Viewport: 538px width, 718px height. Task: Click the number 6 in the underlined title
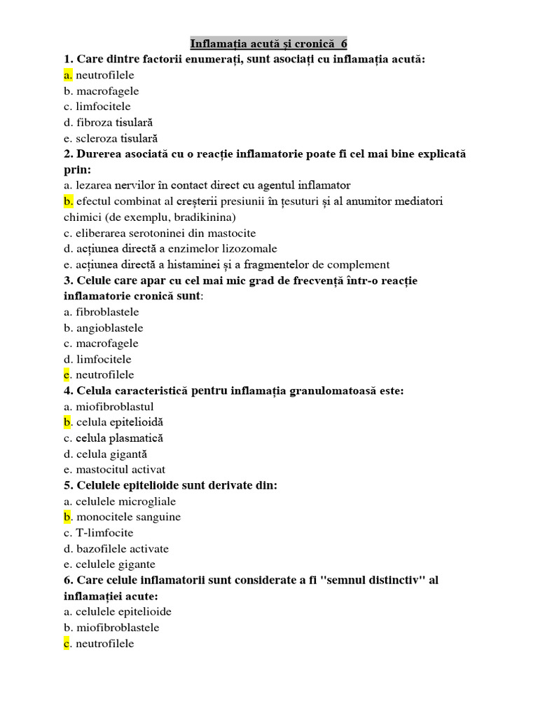pos(344,43)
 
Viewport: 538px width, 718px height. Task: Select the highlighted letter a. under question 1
pos(68,75)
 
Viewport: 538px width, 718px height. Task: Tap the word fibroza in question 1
pos(95,123)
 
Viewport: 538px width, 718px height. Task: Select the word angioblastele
pos(109,327)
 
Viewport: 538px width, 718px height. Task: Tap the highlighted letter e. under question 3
pos(68,375)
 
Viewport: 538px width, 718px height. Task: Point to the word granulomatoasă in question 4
pos(331,391)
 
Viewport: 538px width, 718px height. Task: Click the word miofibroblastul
pos(114,407)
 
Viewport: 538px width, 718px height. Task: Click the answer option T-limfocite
pos(104,533)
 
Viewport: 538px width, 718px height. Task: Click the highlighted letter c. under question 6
pos(67,643)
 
